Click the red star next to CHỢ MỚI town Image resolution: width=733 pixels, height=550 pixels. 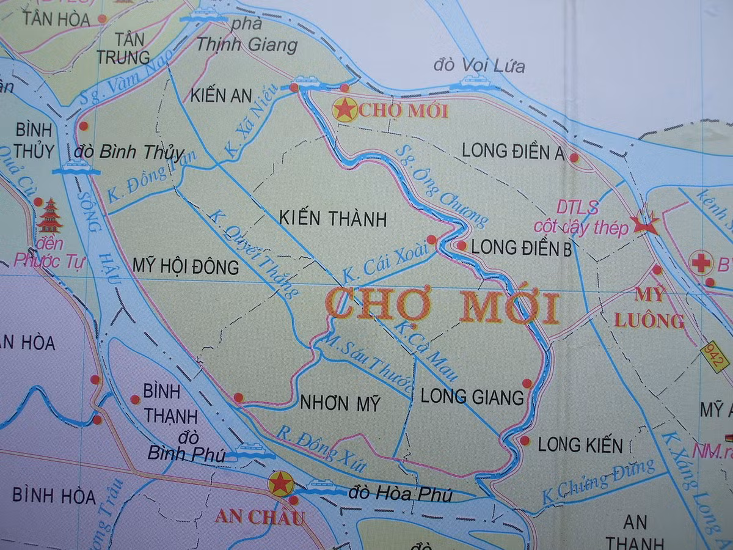tap(345, 109)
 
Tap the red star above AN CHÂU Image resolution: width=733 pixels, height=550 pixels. tap(280, 483)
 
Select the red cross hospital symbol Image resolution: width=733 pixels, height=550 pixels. tap(701, 263)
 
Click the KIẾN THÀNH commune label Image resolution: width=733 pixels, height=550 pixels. tap(333, 219)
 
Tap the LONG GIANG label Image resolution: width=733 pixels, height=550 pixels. tap(473, 397)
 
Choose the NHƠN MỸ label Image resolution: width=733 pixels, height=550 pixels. tap(340, 403)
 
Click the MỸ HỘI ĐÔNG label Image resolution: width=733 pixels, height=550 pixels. tap(186, 267)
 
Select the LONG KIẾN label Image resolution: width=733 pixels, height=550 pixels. tap(580, 445)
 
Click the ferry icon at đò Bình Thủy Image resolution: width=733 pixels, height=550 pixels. tap(76, 167)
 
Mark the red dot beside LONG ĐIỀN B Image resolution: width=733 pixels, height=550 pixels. tap(461, 246)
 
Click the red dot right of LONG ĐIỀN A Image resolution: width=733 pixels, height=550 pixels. tap(574, 157)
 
